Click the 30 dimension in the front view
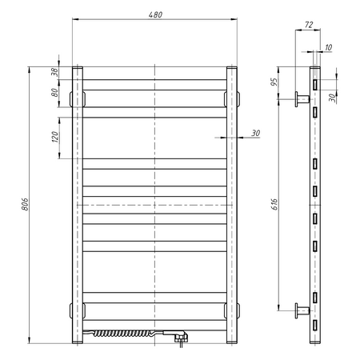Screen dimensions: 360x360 tap(255, 133)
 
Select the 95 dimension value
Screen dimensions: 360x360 tap(274, 82)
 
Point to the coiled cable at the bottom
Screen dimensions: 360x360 tap(119, 331)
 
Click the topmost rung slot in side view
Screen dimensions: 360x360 tap(317, 83)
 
